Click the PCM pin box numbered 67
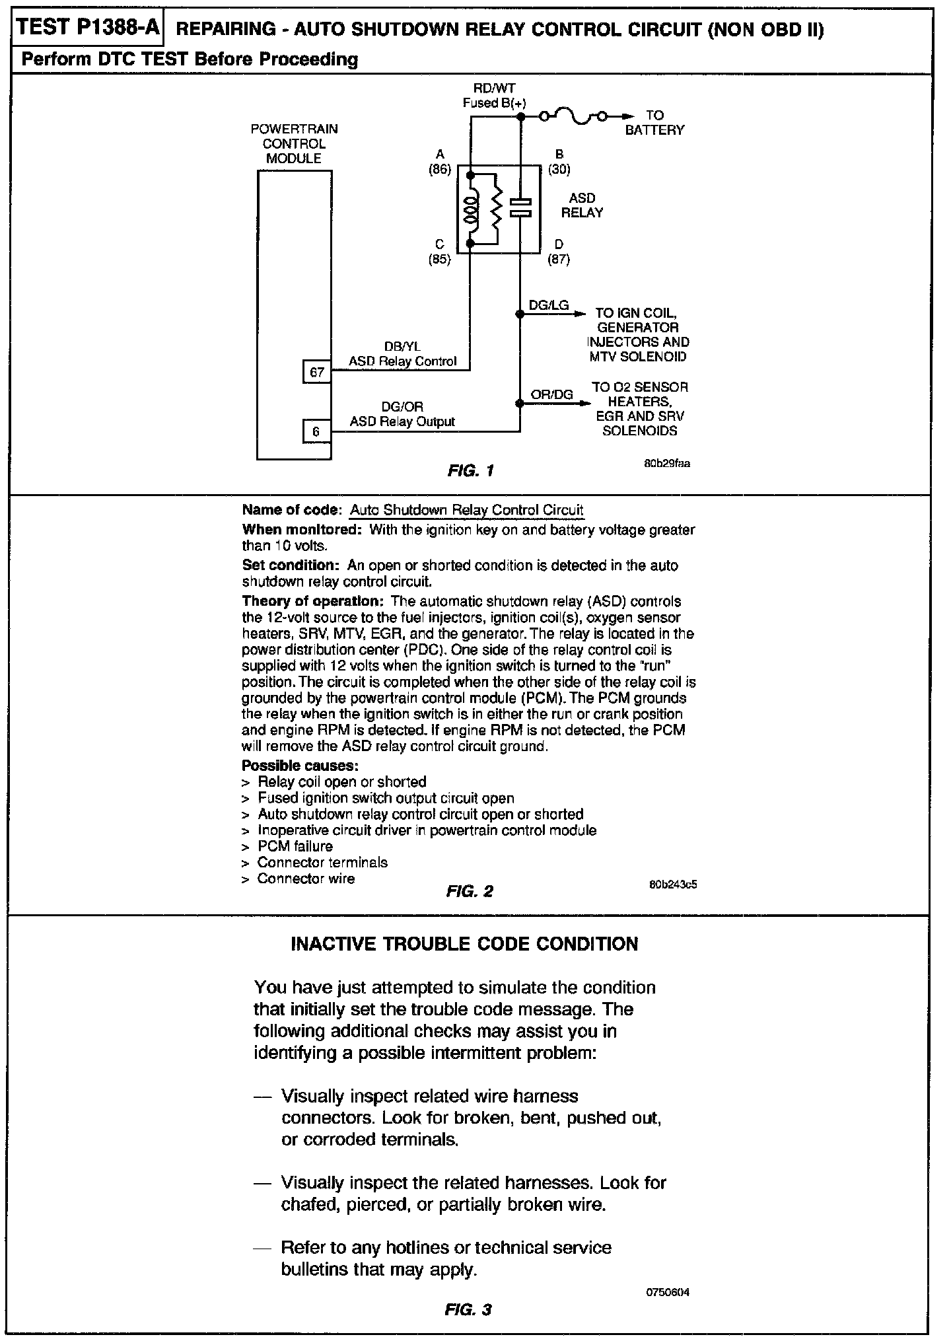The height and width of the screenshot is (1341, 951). pyautogui.click(x=317, y=372)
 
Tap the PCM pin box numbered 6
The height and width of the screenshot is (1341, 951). pyautogui.click(x=317, y=432)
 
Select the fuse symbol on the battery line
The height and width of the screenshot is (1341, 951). pyautogui.click(x=572, y=117)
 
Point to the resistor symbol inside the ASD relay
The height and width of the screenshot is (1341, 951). pyautogui.click(x=496, y=209)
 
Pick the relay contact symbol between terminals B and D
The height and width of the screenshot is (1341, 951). pyautogui.click(x=520, y=207)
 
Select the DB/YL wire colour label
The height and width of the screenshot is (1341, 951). pyautogui.click(x=402, y=347)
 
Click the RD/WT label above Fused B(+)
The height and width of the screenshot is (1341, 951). pyautogui.click(x=494, y=88)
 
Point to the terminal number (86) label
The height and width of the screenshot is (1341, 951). pyautogui.click(x=440, y=169)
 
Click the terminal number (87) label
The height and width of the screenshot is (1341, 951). pyautogui.click(x=559, y=259)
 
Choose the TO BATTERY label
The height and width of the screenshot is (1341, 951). pyautogui.click(x=654, y=123)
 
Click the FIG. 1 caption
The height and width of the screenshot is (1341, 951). pyautogui.click(x=470, y=471)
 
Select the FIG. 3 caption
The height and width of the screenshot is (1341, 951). pyautogui.click(x=469, y=1309)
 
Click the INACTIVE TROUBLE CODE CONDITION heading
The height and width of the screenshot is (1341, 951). pyautogui.click(x=464, y=944)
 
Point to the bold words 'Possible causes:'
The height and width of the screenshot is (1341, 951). pyautogui.click(x=300, y=766)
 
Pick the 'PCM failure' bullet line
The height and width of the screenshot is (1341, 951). pyautogui.click(x=295, y=846)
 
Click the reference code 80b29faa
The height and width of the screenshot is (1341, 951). pyautogui.click(x=667, y=464)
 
